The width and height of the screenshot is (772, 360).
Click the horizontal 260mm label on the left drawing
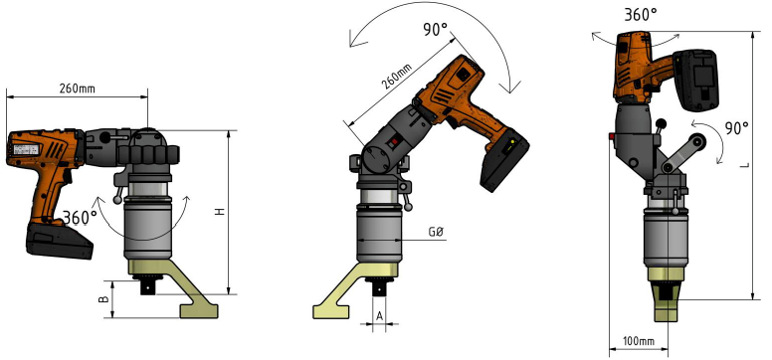(x=78, y=89)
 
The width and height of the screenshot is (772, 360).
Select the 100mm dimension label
(x=639, y=341)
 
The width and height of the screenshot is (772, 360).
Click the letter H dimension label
(x=220, y=211)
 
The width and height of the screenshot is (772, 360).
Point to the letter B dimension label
(x=103, y=299)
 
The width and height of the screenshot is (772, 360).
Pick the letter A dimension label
(x=380, y=316)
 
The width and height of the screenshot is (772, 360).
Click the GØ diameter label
(x=436, y=232)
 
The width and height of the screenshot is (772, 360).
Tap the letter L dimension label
(x=745, y=165)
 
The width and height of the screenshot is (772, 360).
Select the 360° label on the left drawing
(x=80, y=217)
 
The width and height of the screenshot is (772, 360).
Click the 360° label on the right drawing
(x=641, y=14)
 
